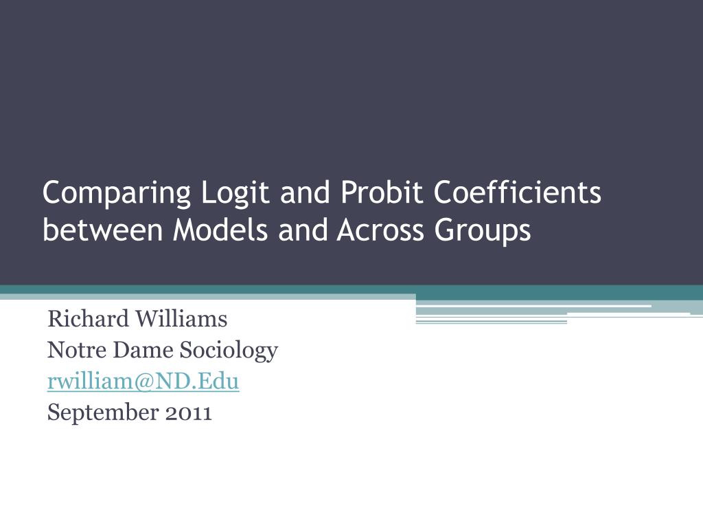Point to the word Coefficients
click(x=517, y=193)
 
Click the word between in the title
click(x=103, y=231)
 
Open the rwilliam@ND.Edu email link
click(x=143, y=382)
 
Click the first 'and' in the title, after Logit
click(x=305, y=195)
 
